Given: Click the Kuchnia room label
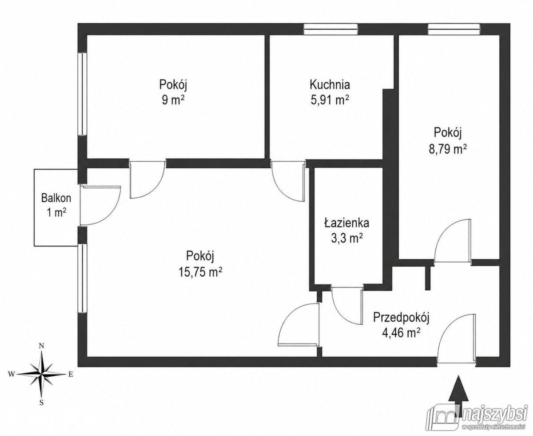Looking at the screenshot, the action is point(330,84).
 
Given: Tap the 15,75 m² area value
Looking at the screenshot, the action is point(200,272).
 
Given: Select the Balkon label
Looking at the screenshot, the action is point(56,198).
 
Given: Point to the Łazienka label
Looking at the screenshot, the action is point(347,223).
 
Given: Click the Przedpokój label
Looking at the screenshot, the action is point(402,318).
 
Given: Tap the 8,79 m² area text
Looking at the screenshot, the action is point(448,149).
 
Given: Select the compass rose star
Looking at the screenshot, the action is point(42,374).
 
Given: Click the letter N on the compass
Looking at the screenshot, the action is point(42,346).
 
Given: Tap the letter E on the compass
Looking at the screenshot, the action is point(71,374).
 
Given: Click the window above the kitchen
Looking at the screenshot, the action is point(330,29).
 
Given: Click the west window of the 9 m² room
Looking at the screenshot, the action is point(83,94).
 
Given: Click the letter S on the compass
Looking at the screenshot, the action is point(42,402).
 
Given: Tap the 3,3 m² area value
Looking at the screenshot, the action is point(347,238).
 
